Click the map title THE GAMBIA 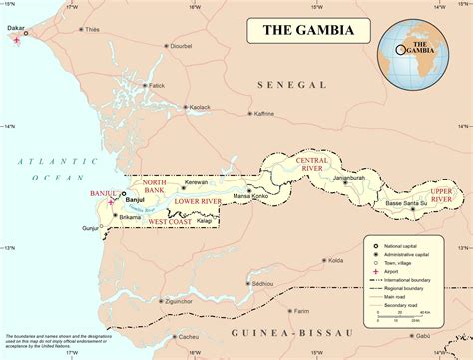point(307,30)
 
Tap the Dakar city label point(17,29)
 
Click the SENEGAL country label point(288,86)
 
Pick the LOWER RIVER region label point(197,202)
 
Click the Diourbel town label point(180,46)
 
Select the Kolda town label point(335,261)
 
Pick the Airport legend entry point(400,269)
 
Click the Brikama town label point(130,216)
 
